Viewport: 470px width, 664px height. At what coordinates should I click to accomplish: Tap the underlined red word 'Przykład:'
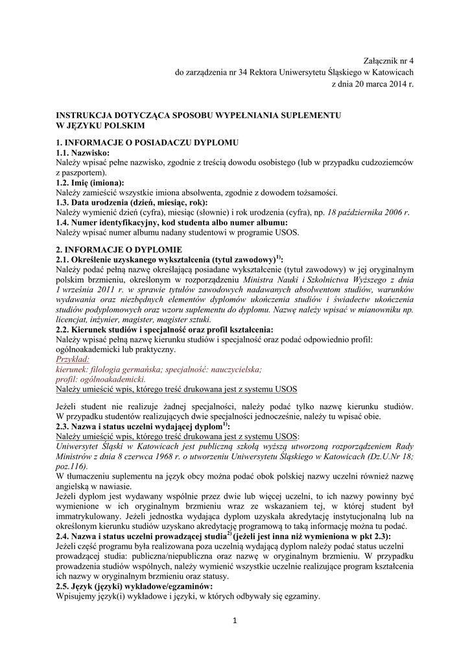coord(73,359)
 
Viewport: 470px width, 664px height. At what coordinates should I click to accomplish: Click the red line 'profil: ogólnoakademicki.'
coord(100,379)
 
